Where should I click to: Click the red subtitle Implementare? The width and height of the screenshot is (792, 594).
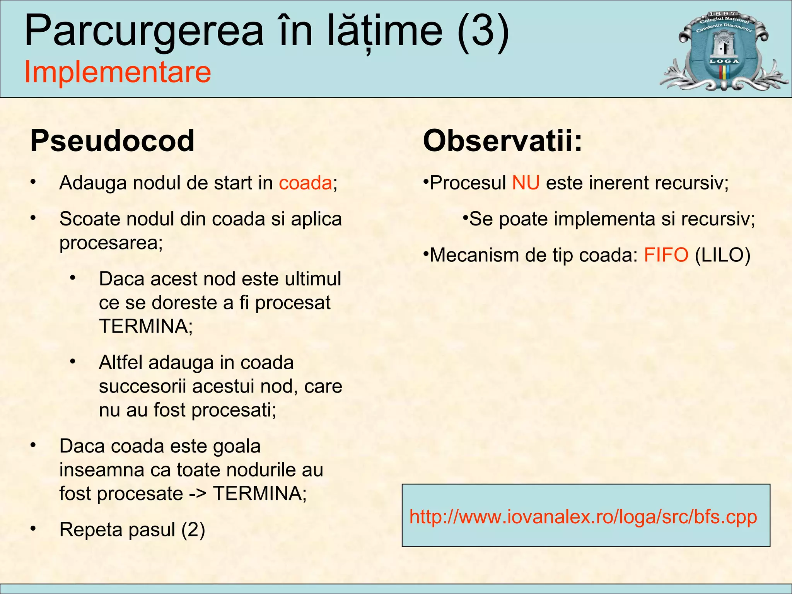point(118,72)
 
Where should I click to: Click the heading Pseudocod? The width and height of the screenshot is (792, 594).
point(112,141)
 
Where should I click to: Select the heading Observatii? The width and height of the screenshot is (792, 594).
point(502,141)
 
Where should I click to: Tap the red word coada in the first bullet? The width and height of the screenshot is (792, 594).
point(306,183)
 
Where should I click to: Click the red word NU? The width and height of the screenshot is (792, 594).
point(526,183)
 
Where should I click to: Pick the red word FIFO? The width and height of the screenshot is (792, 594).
point(666,255)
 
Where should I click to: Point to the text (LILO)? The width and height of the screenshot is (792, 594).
point(722,255)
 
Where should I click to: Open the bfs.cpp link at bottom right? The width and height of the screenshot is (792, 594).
point(583,517)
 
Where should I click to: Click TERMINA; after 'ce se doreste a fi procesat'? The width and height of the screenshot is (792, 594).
point(146,326)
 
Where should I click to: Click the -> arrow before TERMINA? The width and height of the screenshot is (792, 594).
point(198,494)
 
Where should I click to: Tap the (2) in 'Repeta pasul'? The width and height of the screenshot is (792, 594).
point(193,530)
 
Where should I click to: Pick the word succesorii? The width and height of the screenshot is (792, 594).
point(143,386)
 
